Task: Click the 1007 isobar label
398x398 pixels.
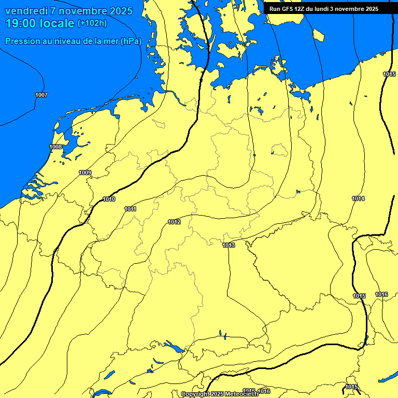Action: coord(41,95)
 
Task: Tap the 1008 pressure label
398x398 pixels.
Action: coord(56,147)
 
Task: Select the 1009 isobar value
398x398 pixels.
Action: coord(86,173)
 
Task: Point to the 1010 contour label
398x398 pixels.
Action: coord(109,200)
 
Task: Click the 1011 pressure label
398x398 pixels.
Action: coord(130,209)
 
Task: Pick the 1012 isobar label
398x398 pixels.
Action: coord(174,222)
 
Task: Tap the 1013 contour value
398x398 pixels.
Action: coord(229,245)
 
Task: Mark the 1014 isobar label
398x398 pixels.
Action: coord(358,199)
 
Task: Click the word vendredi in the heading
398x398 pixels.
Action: coord(26,11)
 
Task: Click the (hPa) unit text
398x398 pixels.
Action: coord(130,41)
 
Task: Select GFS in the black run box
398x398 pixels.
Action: coord(289,9)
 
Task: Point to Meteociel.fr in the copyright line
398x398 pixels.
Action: coord(241,394)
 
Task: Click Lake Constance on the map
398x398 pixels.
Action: coord(173,346)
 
